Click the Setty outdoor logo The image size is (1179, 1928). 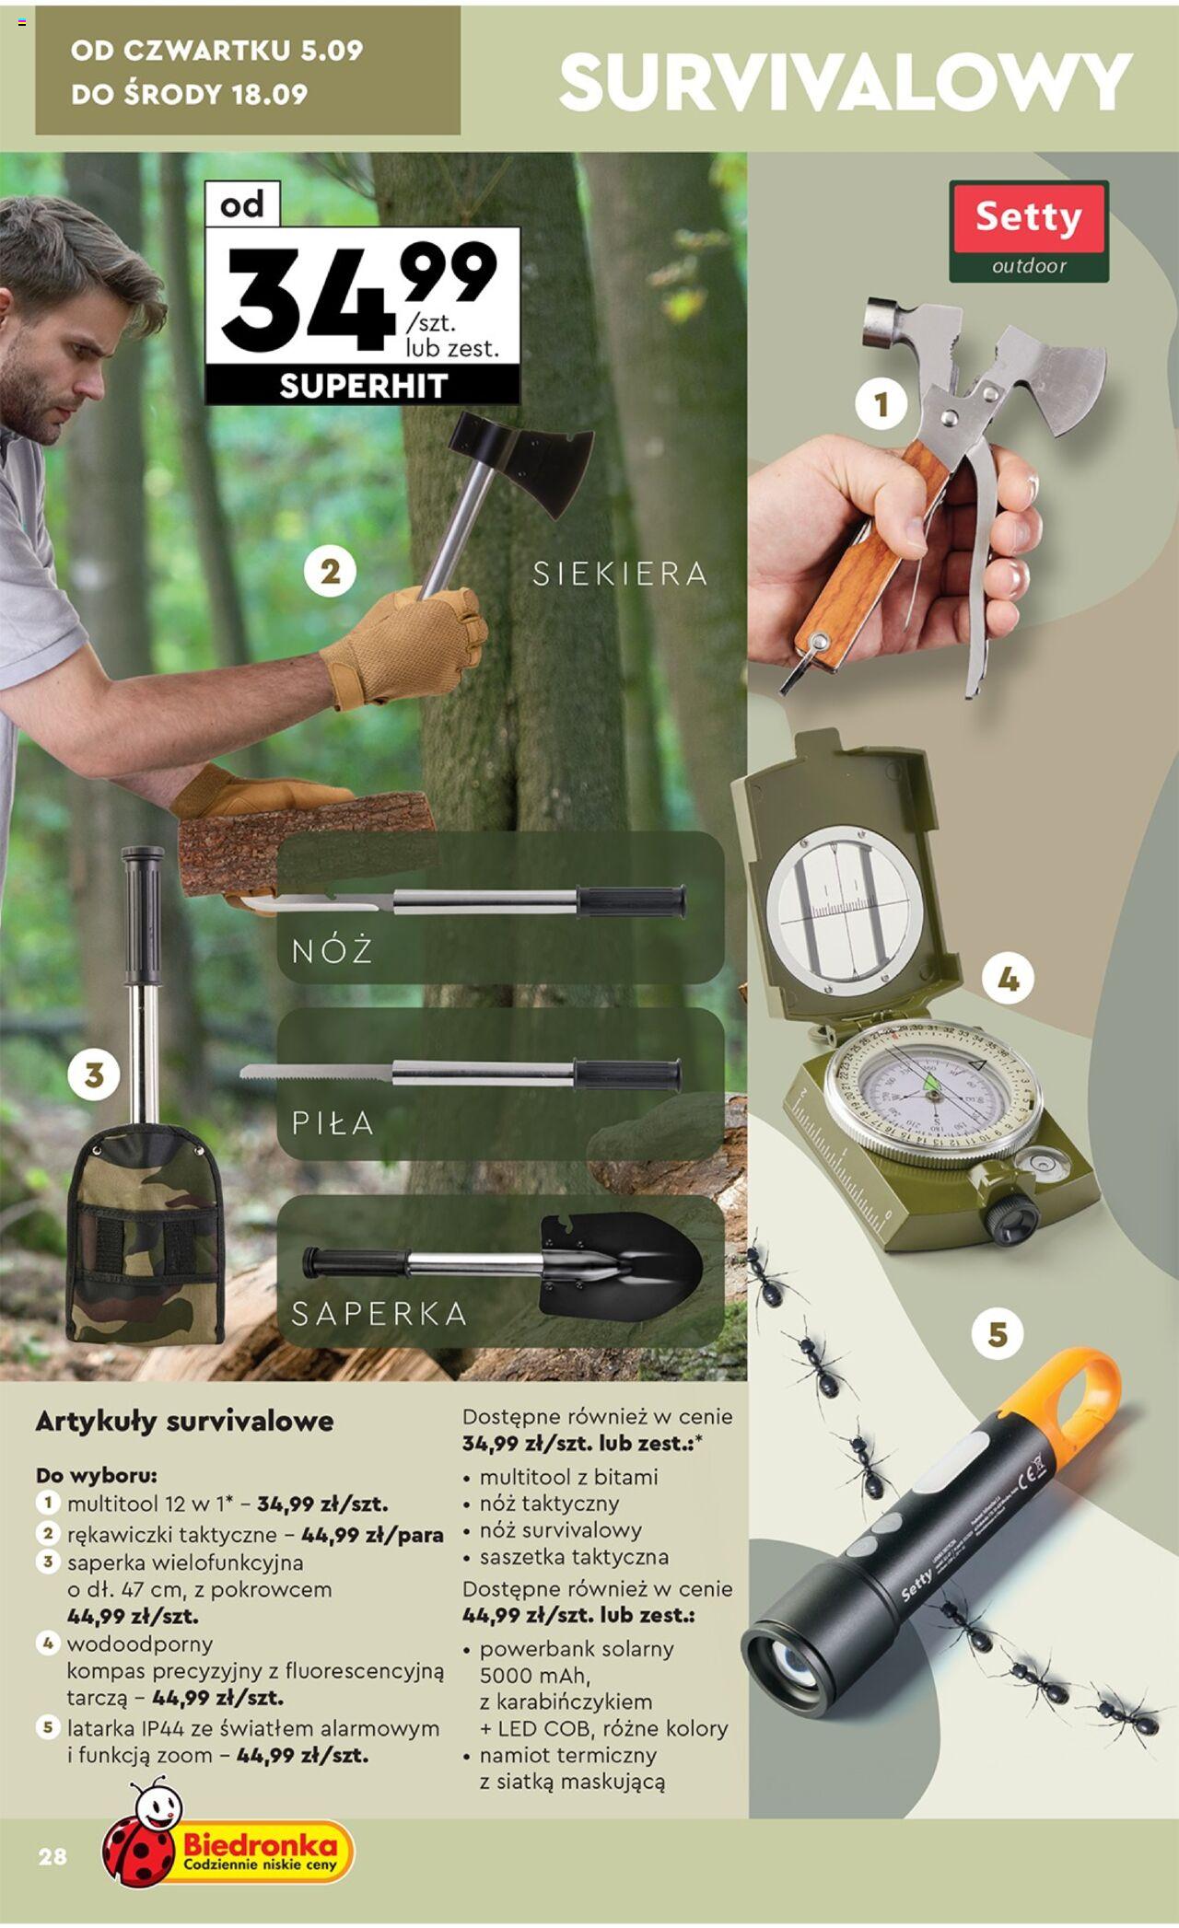click(x=1029, y=231)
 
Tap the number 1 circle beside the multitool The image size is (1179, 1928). click(x=881, y=404)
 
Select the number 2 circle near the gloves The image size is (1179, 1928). click(x=331, y=573)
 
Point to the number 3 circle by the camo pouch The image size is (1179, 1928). click(x=94, y=1074)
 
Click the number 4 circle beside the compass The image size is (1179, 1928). click(x=1009, y=980)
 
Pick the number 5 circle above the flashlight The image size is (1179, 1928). click(x=998, y=1334)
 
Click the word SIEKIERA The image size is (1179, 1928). click(x=621, y=575)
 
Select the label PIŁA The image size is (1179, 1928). click(x=333, y=1122)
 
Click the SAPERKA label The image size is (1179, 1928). click(x=379, y=1313)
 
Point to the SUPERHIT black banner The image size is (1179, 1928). click(x=363, y=386)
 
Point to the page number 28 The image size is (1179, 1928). click(x=53, y=1855)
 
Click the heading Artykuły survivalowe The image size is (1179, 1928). click(x=184, y=1421)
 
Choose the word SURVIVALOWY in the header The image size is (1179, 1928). click(x=846, y=82)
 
